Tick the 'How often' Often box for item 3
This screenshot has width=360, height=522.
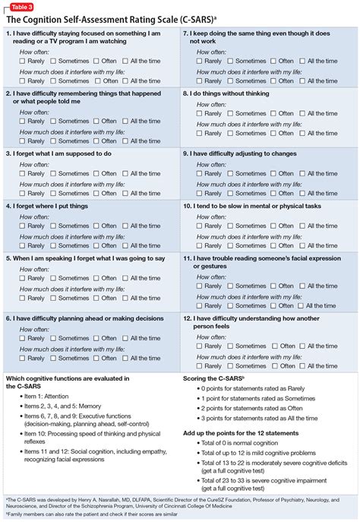point(96,173)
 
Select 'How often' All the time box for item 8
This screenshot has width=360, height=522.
point(302,112)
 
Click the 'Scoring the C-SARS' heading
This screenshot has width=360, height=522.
point(215,378)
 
